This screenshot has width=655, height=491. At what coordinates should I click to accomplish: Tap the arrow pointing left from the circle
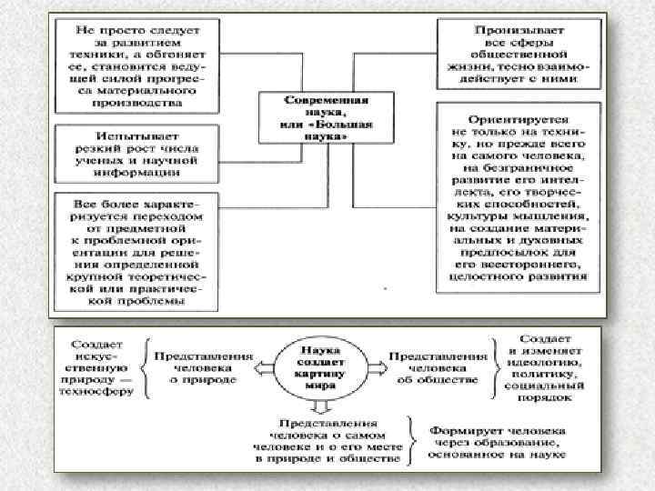click(265, 366)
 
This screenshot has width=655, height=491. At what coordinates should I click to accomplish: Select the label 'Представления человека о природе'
click(202, 367)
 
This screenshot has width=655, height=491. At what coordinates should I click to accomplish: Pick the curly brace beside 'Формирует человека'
click(415, 444)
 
